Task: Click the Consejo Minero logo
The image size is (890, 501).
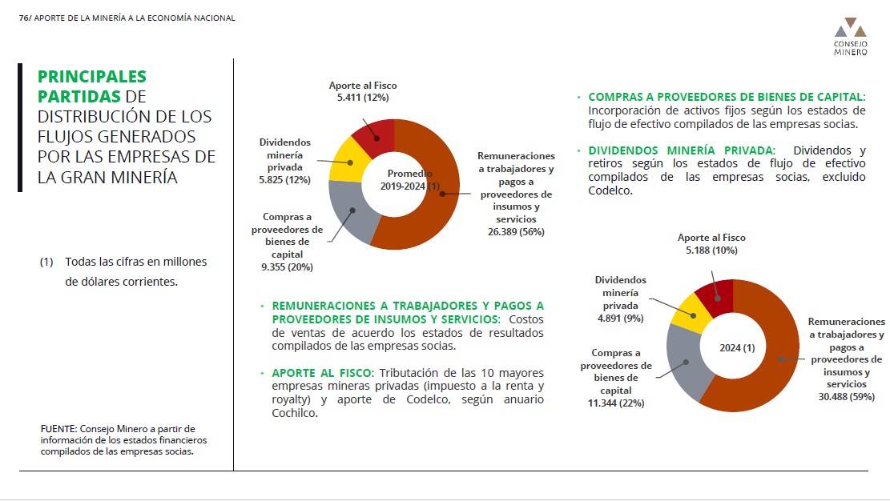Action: click(850, 37)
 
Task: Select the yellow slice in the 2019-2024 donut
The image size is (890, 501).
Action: click(346, 162)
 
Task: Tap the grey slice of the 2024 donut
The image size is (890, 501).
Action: click(686, 362)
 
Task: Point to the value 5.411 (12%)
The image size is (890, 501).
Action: click(363, 98)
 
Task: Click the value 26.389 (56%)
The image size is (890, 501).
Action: click(516, 231)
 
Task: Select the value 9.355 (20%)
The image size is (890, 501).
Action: click(288, 267)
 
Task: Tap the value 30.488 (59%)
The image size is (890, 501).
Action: click(846, 397)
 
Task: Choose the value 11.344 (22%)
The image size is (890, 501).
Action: click(616, 403)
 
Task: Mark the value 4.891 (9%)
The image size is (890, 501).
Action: click(620, 319)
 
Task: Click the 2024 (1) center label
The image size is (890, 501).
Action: click(737, 348)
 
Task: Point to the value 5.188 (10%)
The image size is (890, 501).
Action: click(711, 250)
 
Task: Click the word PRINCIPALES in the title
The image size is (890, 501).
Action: click(92, 77)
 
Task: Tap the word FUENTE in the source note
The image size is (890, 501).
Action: click(58, 429)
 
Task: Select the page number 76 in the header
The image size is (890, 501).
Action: click(24, 18)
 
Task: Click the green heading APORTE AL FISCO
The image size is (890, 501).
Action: click(322, 373)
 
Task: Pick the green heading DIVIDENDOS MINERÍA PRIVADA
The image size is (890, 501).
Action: click(681, 150)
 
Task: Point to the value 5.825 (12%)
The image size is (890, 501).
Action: click(285, 180)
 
